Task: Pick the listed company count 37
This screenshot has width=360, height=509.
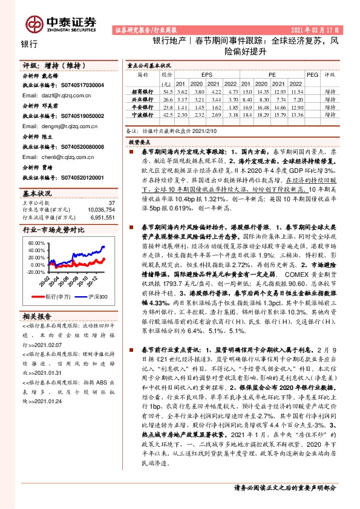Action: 111,203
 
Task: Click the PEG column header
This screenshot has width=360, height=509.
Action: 312,74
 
